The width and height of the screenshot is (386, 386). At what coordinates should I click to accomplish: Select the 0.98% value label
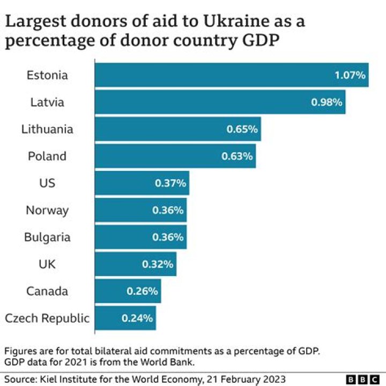[326, 102]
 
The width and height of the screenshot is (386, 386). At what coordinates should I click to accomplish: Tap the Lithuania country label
[47, 129]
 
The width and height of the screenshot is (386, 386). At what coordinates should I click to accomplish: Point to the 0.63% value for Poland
[237, 157]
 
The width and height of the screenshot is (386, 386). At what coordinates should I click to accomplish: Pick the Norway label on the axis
[47, 210]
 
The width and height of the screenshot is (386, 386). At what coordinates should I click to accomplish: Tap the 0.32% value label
[158, 264]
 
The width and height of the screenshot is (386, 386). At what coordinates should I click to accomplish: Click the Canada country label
[47, 291]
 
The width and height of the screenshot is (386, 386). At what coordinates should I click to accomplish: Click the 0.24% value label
[138, 318]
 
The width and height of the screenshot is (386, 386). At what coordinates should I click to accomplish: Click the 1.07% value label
[350, 75]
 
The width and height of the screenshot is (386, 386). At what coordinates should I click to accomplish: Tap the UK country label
[47, 264]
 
